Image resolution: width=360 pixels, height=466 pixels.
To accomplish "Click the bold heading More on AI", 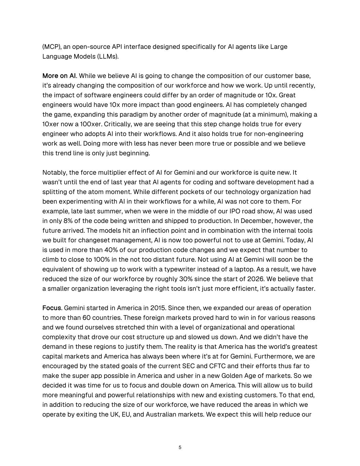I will [x=59, y=76].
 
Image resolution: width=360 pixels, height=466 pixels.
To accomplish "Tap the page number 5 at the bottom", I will [x=180, y=448].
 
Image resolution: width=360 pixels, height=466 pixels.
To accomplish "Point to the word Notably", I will [x=54, y=172].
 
